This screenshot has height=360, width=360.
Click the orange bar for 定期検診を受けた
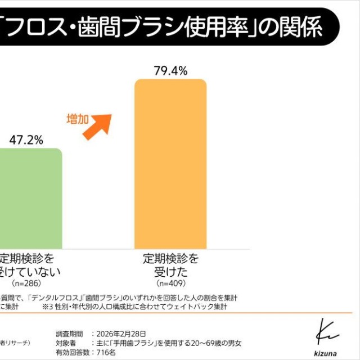click(170, 164)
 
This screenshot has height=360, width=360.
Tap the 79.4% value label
click(170, 71)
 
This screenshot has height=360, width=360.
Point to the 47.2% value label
click(26, 140)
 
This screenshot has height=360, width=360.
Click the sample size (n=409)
click(171, 283)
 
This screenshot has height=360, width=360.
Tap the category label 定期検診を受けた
click(171, 265)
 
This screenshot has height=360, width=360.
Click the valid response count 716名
click(105, 352)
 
